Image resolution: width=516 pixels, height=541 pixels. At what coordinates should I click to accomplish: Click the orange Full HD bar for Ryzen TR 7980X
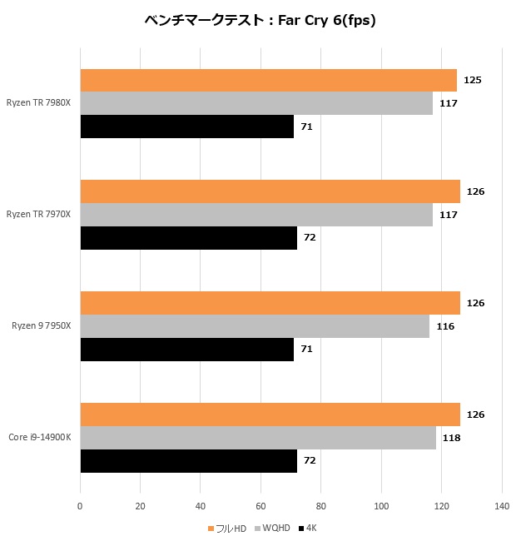coord(268,80)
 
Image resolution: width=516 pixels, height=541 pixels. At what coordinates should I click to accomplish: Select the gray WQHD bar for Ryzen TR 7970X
coord(256,215)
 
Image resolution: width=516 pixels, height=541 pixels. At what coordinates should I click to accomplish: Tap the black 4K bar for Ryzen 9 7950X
coord(186,350)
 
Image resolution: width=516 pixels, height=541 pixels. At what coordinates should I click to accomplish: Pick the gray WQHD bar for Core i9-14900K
coord(258,438)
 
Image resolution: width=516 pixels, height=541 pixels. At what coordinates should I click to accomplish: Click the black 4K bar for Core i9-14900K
coord(188,461)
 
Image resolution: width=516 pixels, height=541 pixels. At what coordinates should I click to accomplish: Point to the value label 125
coord(473,80)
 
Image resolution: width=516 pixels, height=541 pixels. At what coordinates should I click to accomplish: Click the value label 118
coord(449,438)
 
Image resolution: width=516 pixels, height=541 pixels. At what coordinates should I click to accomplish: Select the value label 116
coord(445,326)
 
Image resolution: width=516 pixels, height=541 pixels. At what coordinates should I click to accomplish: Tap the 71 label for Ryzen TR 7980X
coord(306,127)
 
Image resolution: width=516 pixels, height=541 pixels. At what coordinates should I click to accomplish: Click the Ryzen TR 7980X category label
coord(39,103)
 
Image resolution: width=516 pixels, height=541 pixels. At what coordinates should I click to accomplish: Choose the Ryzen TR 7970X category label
coord(39,215)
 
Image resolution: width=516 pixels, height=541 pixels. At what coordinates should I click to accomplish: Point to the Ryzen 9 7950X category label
coord(42,326)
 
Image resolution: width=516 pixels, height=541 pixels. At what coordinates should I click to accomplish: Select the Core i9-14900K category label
coord(40,438)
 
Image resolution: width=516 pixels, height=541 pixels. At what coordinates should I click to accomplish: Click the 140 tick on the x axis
coord(501,505)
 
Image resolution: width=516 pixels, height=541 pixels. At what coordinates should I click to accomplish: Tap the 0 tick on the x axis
coord(80,505)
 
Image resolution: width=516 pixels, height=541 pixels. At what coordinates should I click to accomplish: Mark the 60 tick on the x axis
coord(260,505)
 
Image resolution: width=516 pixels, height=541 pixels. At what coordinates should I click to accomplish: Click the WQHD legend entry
coord(273,529)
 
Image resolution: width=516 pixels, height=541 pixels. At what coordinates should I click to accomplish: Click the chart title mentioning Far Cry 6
coord(258,21)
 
